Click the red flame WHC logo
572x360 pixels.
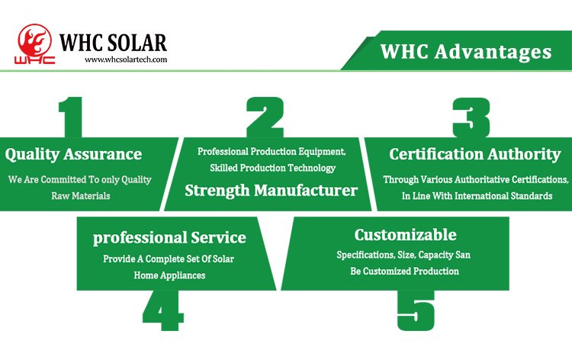34,44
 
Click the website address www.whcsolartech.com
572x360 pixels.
126,59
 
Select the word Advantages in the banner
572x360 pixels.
493,51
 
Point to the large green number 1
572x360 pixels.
71,117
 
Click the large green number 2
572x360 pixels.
265,117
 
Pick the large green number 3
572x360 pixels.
471,117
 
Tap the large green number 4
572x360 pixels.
162,310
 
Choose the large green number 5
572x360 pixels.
416,310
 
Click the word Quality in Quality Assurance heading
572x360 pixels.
32,155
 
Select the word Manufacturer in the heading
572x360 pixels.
306,191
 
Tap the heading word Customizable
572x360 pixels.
405,234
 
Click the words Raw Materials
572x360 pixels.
81,196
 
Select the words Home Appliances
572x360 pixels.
169,275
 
